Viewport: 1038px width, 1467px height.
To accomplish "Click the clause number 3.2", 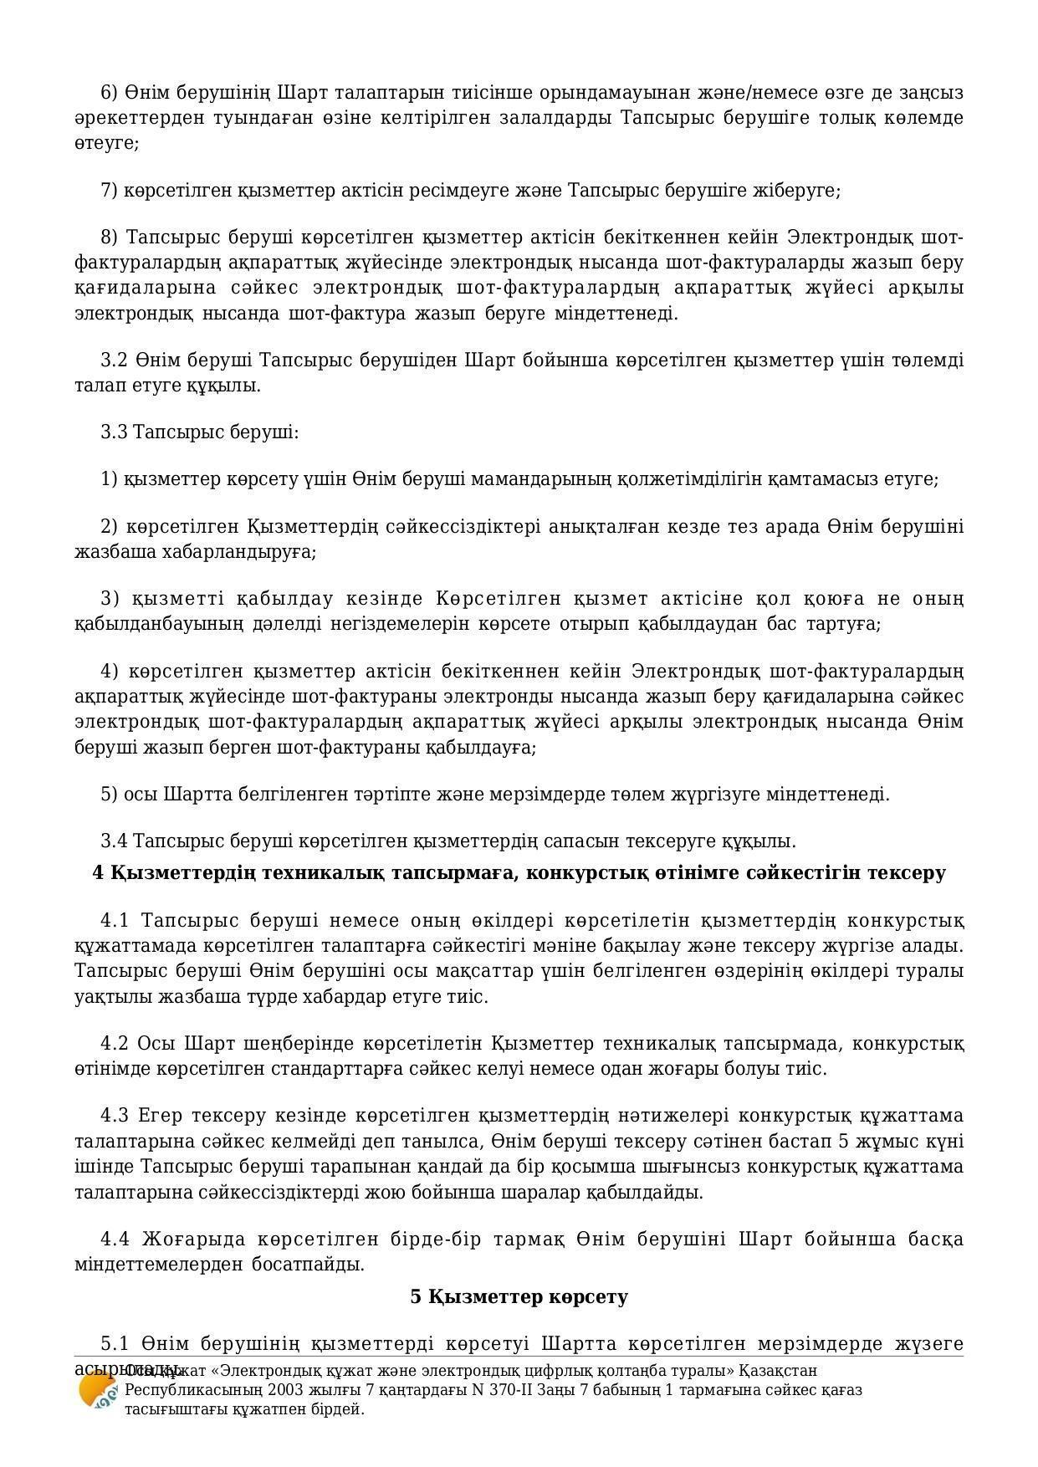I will (114, 360).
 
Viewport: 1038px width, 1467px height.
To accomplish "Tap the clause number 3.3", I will (114, 432).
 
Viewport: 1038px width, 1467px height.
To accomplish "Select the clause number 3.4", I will (114, 841).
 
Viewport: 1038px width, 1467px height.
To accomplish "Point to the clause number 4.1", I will (115, 921).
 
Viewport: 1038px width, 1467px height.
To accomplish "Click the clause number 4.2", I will (115, 1044).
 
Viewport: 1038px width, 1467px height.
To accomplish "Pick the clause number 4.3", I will (115, 1116).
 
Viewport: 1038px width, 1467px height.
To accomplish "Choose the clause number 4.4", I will (115, 1239).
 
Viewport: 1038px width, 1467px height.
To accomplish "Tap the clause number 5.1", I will (115, 1344).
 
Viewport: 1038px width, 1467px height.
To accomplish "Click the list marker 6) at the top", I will (110, 92).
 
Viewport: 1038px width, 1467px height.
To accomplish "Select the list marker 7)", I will (110, 191).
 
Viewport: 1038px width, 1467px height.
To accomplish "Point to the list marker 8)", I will (110, 238).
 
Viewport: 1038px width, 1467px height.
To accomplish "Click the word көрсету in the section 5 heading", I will (588, 1297).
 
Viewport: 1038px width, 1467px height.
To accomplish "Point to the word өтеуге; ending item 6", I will (106, 143).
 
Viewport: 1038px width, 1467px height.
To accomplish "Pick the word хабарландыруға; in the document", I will (238, 552).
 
